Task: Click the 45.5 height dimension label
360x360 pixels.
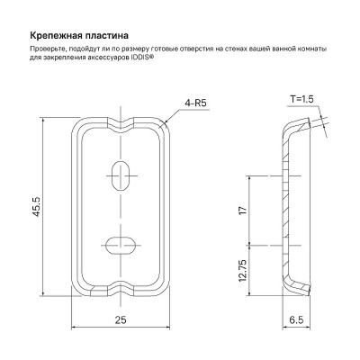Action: [x=37, y=206]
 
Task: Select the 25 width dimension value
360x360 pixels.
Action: [x=121, y=320]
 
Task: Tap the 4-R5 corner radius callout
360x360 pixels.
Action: [x=195, y=103]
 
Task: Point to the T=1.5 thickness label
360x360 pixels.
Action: [x=301, y=99]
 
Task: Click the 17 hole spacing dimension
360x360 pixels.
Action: [x=244, y=210]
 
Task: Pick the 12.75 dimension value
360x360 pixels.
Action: [x=243, y=271]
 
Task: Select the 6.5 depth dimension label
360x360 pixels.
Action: [x=296, y=320]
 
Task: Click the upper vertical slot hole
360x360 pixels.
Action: [x=120, y=175]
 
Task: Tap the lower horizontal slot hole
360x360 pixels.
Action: [x=120, y=246]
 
